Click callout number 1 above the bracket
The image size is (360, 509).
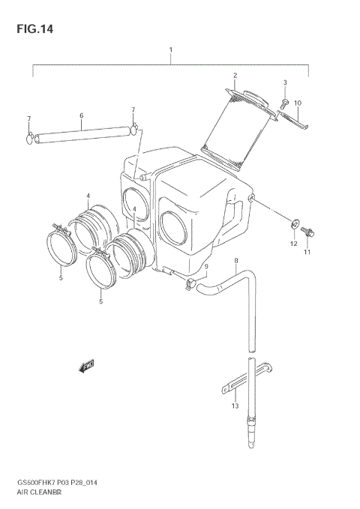pos(170,50)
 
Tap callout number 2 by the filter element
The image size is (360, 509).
pos(234,76)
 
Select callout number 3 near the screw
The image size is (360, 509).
pos(284,82)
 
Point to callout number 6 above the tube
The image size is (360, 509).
pos(80,115)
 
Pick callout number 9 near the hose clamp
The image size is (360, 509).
pos(206,266)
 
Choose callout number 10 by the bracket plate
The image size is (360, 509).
pos(297,103)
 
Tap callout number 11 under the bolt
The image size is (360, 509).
pos(306,253)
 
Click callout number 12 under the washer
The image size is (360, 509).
pos(293,244)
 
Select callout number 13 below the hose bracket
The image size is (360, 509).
pos(235,406)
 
